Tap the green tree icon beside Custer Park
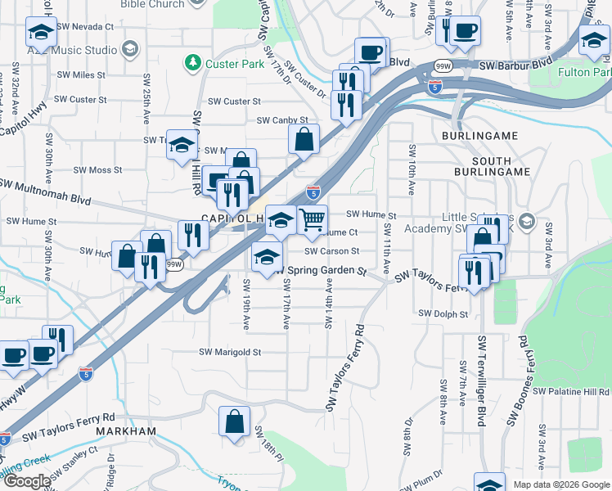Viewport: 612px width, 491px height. [193, 61]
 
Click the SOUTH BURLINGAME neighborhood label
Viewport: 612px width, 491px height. [487, 166]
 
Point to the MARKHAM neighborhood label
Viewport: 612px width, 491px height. [126, 431]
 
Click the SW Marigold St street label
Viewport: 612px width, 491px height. [230, 353]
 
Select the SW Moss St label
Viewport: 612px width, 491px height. [97, 170]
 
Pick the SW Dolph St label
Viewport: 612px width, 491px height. [443, 313]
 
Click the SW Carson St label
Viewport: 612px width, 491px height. [332, 251]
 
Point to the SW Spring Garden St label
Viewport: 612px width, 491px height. [320, 269]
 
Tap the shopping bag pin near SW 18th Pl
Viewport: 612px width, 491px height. [235, 422]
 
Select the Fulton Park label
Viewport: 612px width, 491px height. [584, 72]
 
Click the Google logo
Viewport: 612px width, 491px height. [27, 481]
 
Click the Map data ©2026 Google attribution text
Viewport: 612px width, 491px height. [561, 484]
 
